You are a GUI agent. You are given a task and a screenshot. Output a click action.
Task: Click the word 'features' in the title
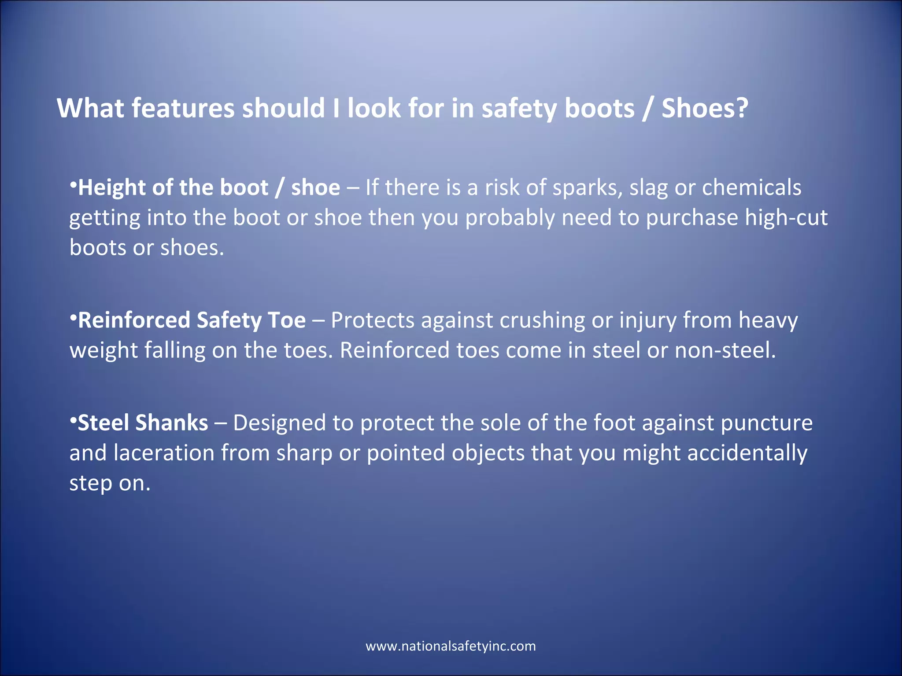(183, 108)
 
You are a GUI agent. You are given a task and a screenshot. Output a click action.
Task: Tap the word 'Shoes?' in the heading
(705, 108)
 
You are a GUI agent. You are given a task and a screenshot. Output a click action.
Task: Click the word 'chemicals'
(751, 187)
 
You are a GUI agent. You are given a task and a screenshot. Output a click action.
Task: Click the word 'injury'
(647, 321)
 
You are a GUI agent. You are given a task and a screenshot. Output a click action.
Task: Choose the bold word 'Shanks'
(172, 423)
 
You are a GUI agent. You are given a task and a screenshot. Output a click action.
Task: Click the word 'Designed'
(279, 423)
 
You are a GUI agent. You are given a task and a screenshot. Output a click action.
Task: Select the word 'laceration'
(164, 453)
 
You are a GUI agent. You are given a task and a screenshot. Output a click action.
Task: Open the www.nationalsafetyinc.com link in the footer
(451, 646)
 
